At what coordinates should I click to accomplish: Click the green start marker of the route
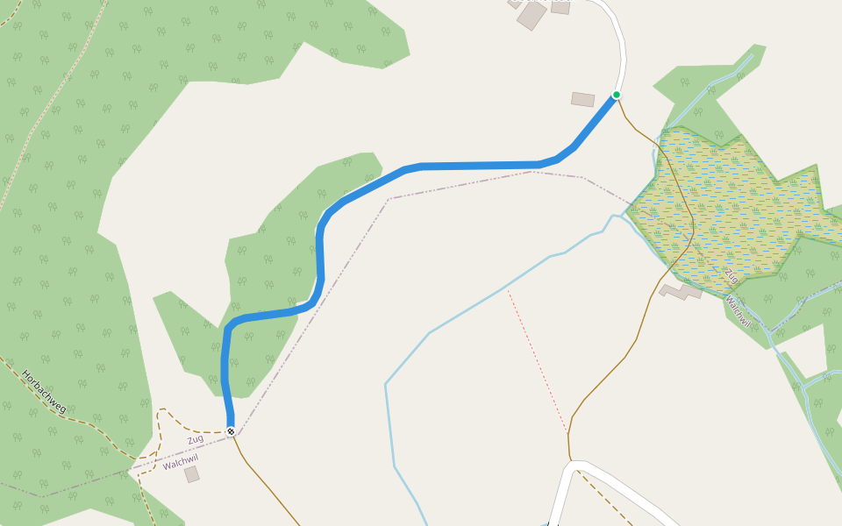pyautogui.click(x=617, y=95)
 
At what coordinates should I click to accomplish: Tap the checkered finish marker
pyautogui.click(x=231, y=431)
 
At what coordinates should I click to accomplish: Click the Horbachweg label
pyautogui.click(x=44, y=392)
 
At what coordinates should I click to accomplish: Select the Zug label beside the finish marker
pyautogui.click(x=195, y=438)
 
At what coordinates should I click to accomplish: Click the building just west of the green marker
pyautogui.click(x=582, y=99)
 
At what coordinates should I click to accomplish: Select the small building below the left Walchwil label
pyautogui.click(x=192, y=474)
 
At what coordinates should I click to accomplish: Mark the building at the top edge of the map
pyautogui.click(x=532, y=15)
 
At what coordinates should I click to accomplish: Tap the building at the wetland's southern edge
pyautogui.click(x=681, y=290)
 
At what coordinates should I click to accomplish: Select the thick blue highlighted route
pyautogui.click(x=474, y=166)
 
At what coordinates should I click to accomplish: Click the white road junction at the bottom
pyautogui.click(x=574, y=465)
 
